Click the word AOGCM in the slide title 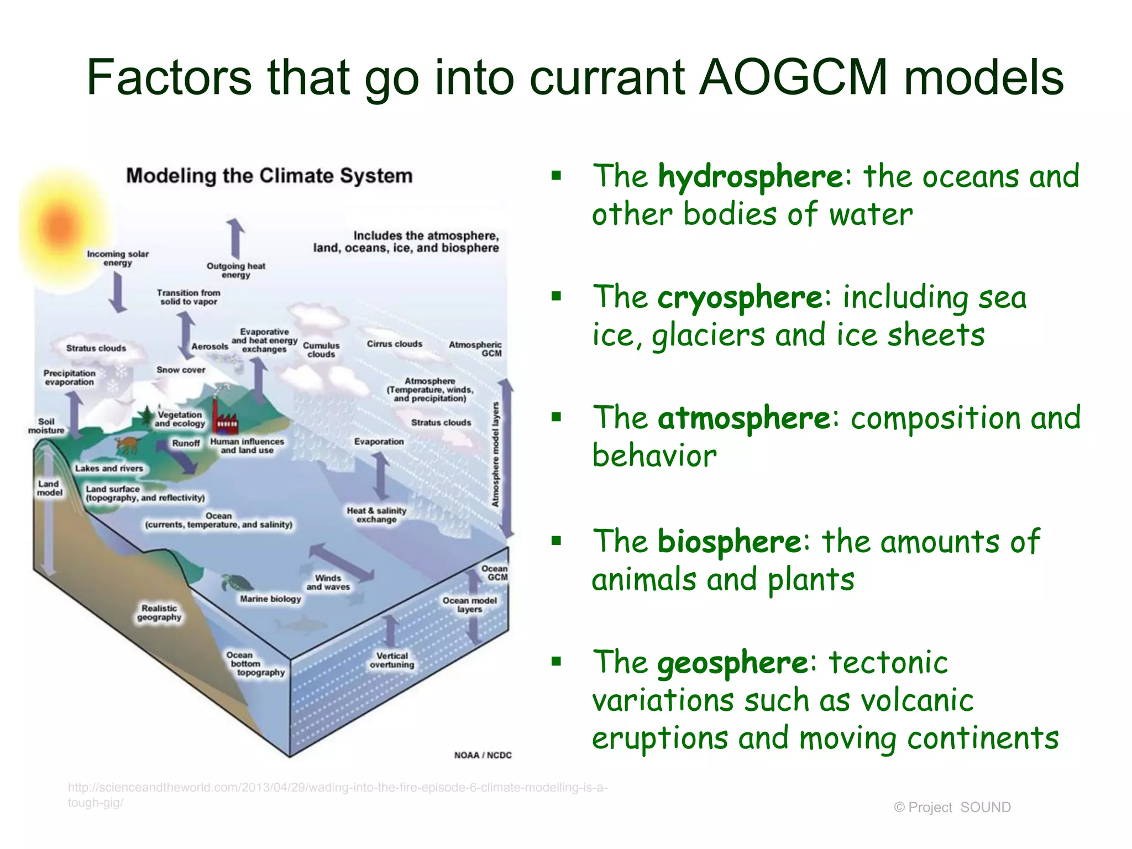[x=793, y=77]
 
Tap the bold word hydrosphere [x=751, y=176]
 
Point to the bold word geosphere [x=732, y=663]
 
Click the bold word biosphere [x=729, y=541]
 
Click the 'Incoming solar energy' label [x=118, y=258]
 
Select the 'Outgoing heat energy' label [x=236, y=270]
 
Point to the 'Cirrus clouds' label [x=394, y=344]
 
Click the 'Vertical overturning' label [x=392, y=660]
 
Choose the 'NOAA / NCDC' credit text [x=483, y=755]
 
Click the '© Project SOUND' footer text [x=952, y=808]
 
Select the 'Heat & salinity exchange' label [x=376, y=515]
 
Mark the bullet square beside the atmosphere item [x=556, y=417]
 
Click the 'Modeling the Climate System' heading [x=269, y=176]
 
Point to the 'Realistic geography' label [x=159, y=612]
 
